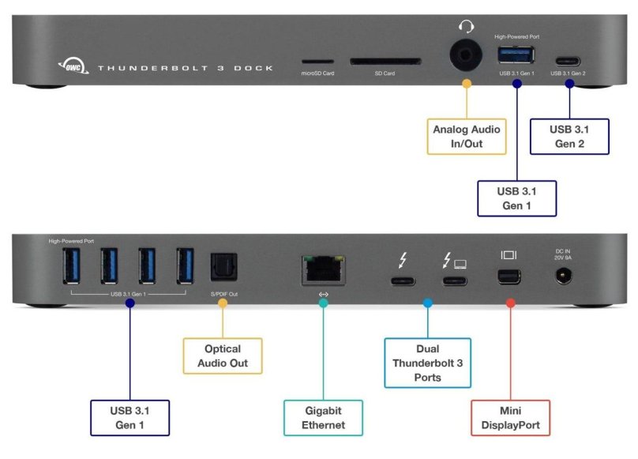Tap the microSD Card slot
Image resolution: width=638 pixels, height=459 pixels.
317,60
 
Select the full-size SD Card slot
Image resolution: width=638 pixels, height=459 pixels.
385,60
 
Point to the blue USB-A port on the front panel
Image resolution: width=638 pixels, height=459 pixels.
515,55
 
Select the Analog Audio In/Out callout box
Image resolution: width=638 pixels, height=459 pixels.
466,136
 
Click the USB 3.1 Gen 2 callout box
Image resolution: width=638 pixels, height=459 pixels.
569,135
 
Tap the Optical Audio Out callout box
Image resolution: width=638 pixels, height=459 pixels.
222,356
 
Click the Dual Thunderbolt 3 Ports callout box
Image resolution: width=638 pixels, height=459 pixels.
427,363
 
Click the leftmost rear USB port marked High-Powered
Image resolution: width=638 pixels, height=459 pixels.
72,267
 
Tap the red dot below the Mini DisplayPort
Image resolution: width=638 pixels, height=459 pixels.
510,303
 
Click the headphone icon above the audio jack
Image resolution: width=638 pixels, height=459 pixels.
466,26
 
